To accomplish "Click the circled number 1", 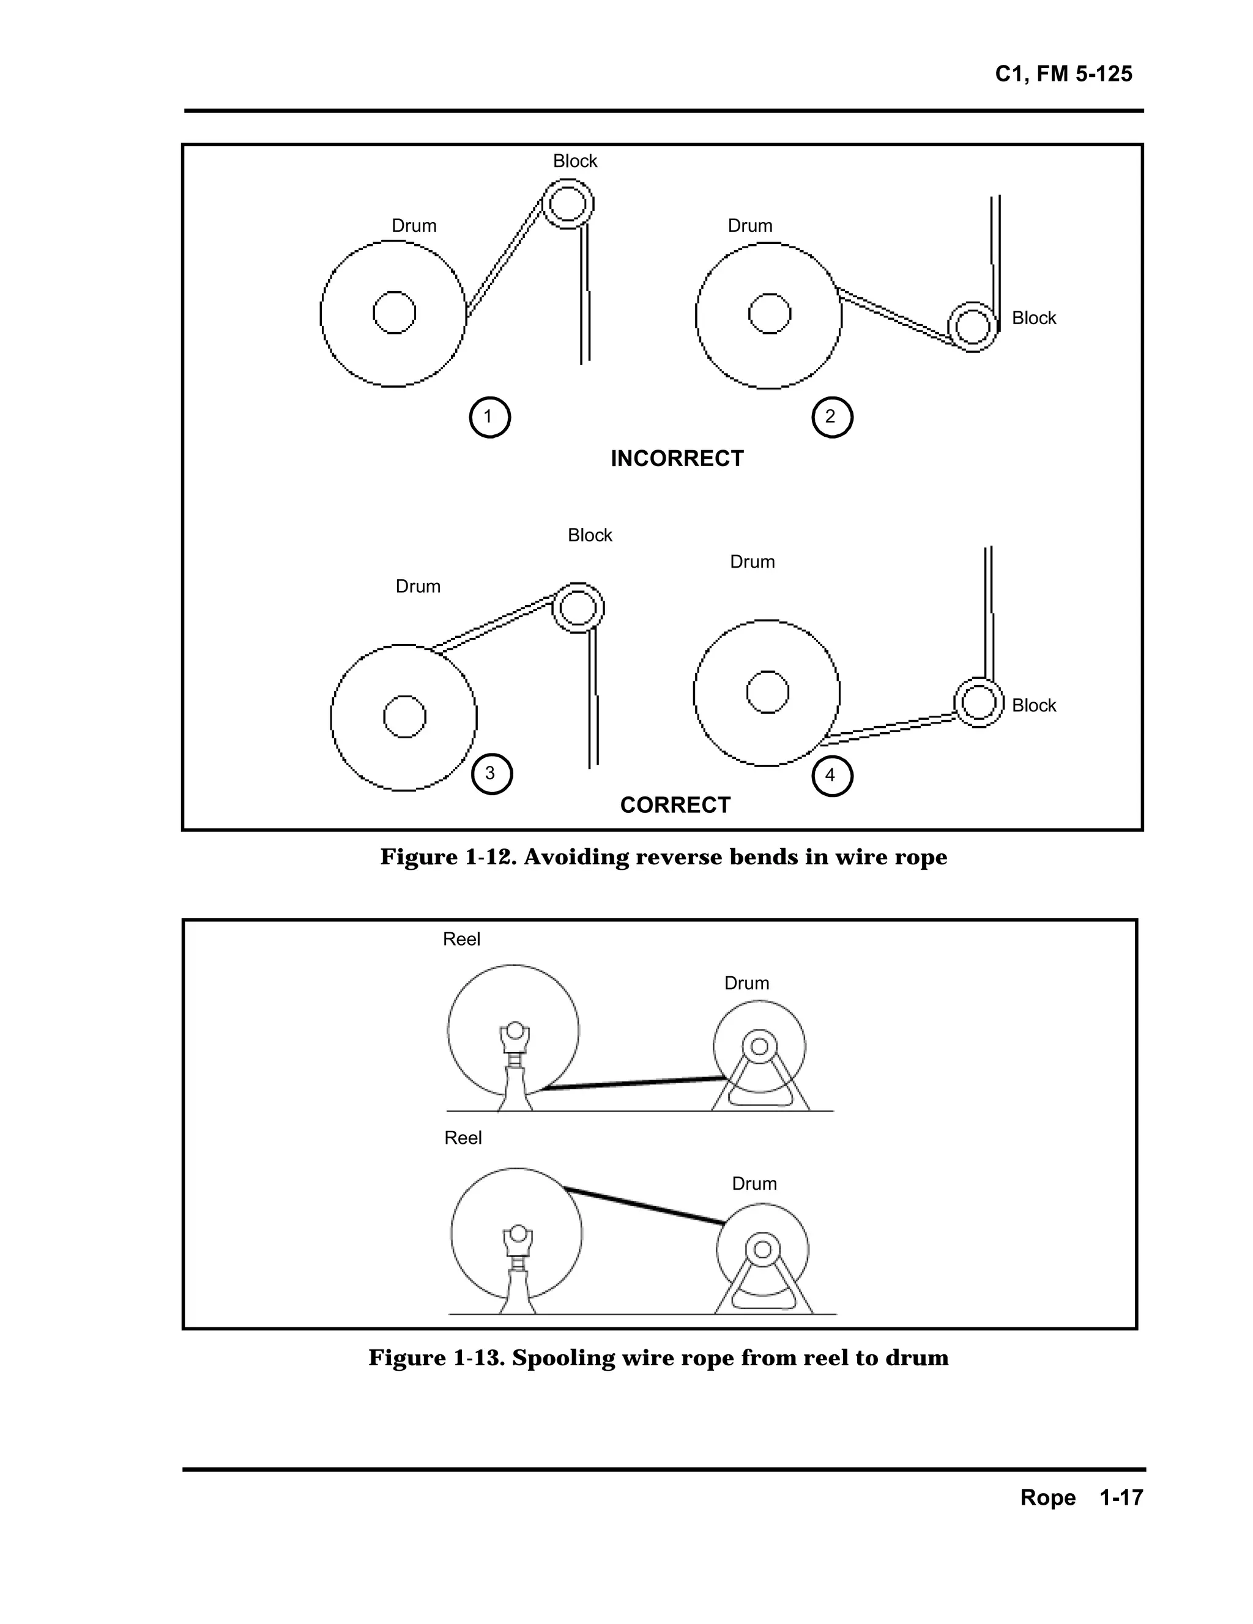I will [x=489, y=417].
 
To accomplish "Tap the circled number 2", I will [x=831, y=417].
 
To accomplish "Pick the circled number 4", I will [x=831, y=776].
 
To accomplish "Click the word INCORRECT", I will [x=677, y=459].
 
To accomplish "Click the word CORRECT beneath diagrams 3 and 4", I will [x=675, y=806].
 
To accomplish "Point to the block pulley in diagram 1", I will [x=568, y=203].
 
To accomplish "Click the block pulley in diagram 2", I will [x=973, y=327].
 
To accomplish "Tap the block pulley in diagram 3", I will [x=578, y=607].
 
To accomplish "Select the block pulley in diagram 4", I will [x=979, y=702].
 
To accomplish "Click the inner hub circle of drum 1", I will [x=394, y=313].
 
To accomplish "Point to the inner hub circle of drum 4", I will [x=767, y=692].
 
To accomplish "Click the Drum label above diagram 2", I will [x=749, y=226].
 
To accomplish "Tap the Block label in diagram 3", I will [x=590, y=535].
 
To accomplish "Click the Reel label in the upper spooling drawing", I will [x=461, y=939].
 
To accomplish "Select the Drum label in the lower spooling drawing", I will [x=754, y=1184].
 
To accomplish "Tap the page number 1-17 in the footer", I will [x=1121, y=1497].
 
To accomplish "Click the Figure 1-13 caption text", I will [x=658, y=1358].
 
